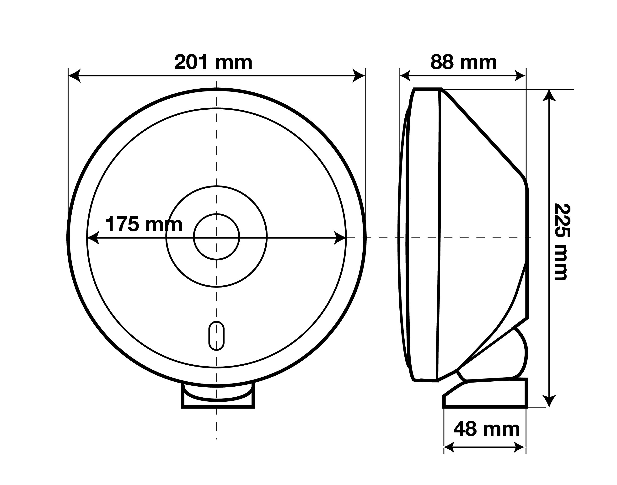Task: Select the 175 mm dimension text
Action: coord(144,224)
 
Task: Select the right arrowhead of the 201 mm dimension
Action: coord(359,76)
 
